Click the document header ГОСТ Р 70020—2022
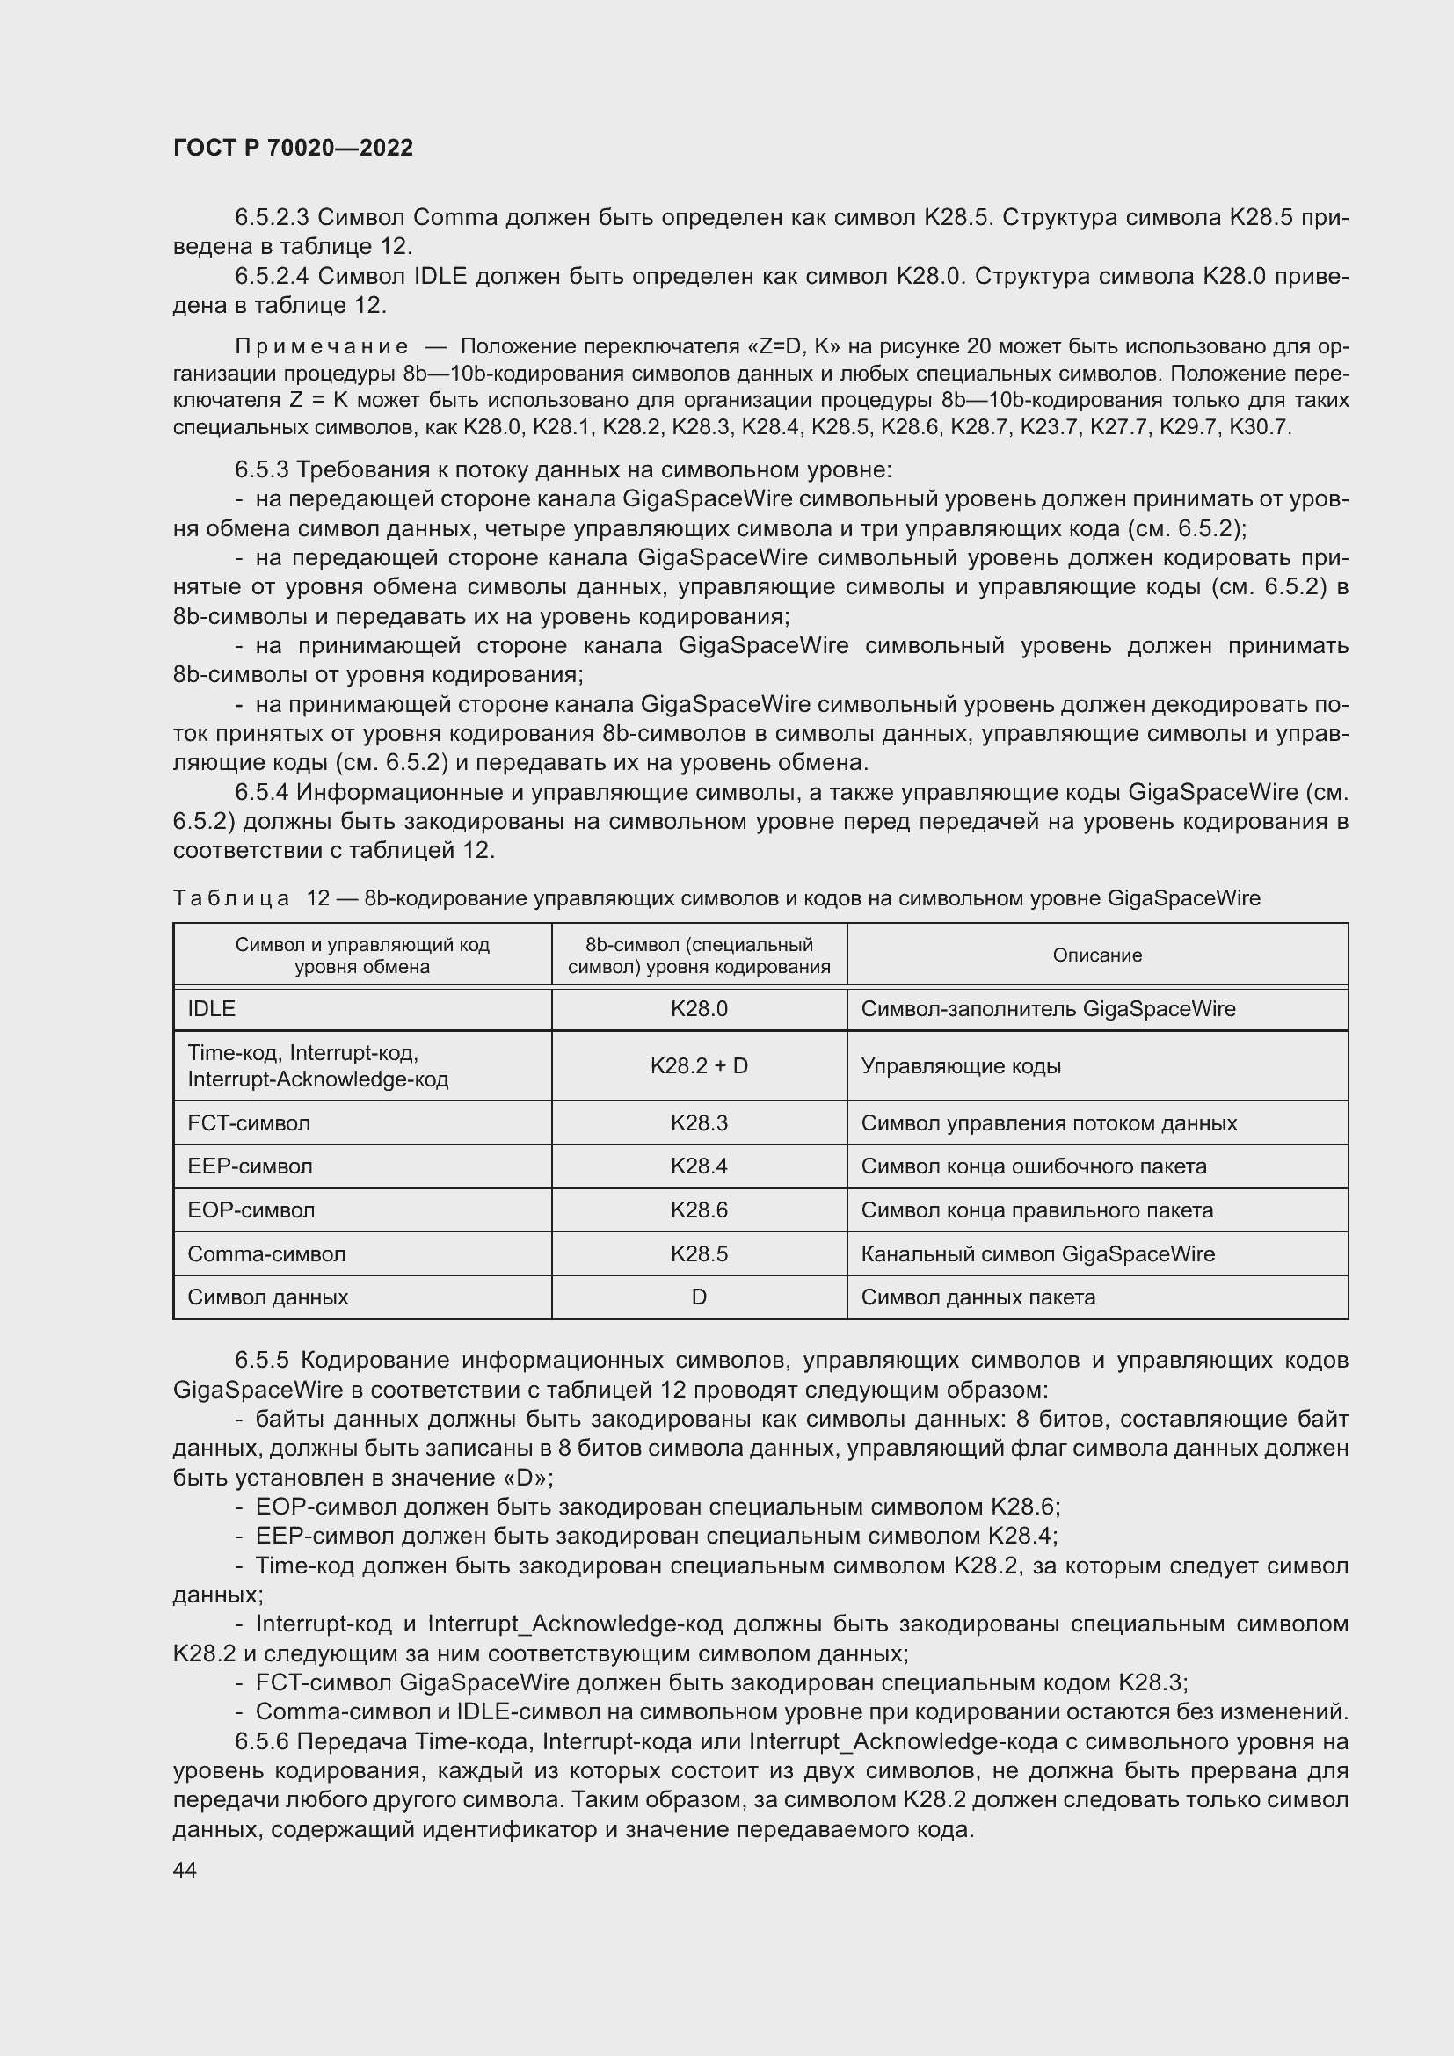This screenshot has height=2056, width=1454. point(293,148)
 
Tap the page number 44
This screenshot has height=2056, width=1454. point(185,1870)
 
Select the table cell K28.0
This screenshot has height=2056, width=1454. point(698,1009)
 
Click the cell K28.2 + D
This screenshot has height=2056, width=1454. point(698,1065)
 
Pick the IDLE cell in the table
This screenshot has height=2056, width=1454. point(211,1009)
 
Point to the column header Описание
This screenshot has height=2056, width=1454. point(1097,955)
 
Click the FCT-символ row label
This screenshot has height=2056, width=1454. point(248,1122)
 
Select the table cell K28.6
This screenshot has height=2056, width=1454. point(698,1210)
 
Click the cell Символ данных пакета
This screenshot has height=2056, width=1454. point(978,1297)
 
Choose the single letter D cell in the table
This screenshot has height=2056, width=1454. point(698,1297)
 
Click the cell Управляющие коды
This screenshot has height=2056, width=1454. point(961,1065)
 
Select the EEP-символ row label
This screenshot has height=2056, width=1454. point(250,1166)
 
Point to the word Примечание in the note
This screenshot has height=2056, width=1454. point(322,346)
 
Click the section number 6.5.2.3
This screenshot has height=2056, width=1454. point(272,218)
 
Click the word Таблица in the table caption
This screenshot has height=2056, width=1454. point(231,898)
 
